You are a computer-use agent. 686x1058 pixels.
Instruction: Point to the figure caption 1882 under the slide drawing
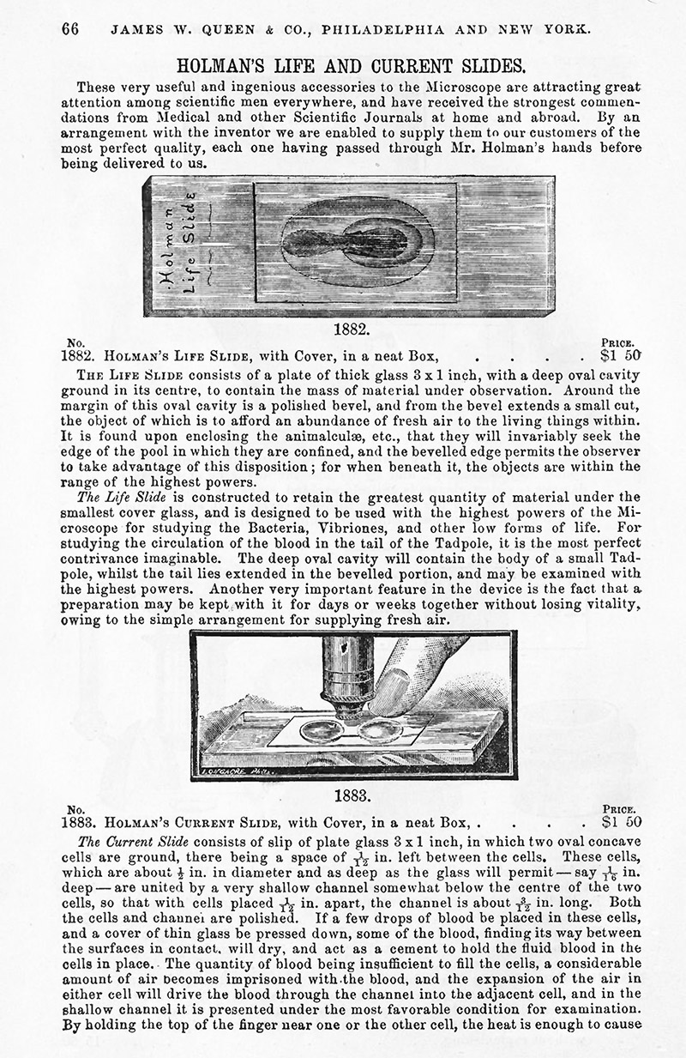(352, 329)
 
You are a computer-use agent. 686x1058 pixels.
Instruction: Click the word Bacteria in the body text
(403, 528)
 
